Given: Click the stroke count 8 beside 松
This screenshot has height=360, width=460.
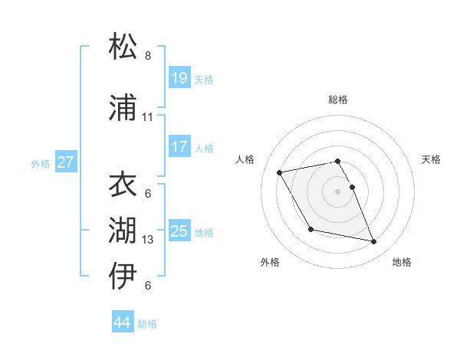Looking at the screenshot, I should coord(148,56).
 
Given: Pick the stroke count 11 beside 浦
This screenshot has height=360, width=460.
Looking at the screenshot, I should coord(148,117).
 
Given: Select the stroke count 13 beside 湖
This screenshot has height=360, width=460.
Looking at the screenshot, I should coord(148,240).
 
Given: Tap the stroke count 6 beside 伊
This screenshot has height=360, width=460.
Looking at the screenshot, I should coord(148,286).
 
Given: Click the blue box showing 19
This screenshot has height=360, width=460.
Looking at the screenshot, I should coord(179,78).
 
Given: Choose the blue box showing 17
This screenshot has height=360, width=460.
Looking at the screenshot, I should coord(179,147).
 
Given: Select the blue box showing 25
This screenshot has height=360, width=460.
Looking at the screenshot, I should coord(179,231).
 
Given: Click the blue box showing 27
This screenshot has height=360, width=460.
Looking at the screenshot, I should coord(65,162).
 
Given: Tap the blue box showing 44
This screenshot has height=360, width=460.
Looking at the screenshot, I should coord(122,323).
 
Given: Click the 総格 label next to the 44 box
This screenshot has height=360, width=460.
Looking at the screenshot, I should coord(147,324).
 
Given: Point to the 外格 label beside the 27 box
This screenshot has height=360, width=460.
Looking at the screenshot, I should coord(41,163).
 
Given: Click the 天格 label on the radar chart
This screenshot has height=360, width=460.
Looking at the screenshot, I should coord(432,159).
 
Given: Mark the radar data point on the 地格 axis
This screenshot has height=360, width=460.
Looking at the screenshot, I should coord(374,242).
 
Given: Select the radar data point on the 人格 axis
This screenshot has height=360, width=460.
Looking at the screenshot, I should coord(280,172).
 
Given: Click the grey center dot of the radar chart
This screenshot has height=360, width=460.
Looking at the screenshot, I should coord(337,191).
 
